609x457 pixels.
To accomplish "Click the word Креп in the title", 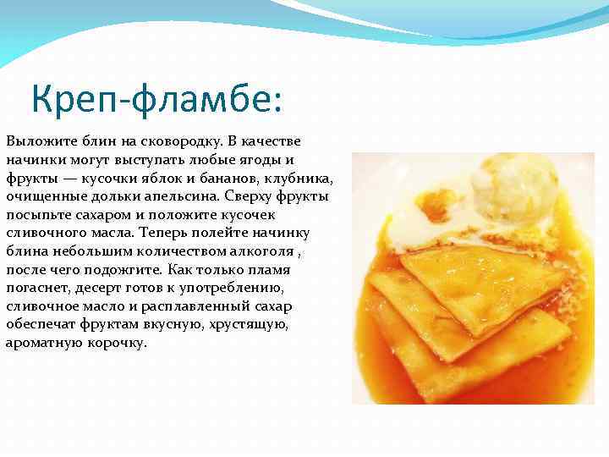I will [x=73, y=101].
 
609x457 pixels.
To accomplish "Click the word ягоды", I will [x=259, y=159].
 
